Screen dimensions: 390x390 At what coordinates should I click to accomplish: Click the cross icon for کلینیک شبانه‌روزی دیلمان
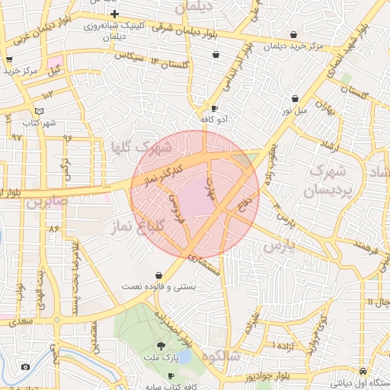(x=114, y=14)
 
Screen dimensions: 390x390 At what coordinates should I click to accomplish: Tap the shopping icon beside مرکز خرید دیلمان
(x=294, y=34)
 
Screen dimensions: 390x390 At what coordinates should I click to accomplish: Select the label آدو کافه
(x=213, y=120)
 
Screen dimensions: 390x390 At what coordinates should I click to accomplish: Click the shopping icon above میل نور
(x=296, y=98)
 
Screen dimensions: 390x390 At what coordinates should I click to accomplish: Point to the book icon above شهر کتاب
(x=40, y=111)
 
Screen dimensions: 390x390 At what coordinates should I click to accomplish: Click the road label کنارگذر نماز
(x=161, y=172)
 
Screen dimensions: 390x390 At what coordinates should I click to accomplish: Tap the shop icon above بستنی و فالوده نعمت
(x=158, y=274)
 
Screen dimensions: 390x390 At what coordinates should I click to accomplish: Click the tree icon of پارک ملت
(x=159, y=346)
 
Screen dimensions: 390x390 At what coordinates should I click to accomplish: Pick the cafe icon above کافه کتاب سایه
(x=171, y=376)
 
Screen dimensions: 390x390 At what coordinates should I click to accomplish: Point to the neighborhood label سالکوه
(x=222, y=356)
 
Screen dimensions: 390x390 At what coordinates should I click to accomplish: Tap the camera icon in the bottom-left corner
(x=26, y=367)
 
